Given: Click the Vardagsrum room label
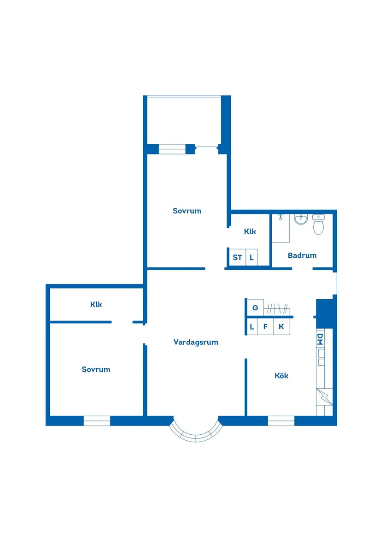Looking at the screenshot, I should click(196, 342).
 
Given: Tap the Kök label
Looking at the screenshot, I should click(281, 375).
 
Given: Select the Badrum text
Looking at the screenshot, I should click(302, 255).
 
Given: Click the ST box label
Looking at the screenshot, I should click(237, 257).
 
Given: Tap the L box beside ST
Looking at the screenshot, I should click(251, 257).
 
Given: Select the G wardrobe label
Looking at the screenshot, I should click(254, 307).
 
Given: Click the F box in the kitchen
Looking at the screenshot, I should click(265, 327).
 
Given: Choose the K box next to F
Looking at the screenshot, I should click(281, 327).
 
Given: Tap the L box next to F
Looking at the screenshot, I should click(252, 327).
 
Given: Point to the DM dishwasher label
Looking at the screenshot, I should click(320, 340).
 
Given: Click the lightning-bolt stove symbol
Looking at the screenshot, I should click(323, 397).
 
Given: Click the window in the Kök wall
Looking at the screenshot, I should click(281, 420).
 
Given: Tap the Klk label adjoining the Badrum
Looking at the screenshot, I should click(250, 231).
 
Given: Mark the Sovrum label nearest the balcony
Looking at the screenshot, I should click(187, 211).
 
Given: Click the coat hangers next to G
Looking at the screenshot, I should click(277, 307).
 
